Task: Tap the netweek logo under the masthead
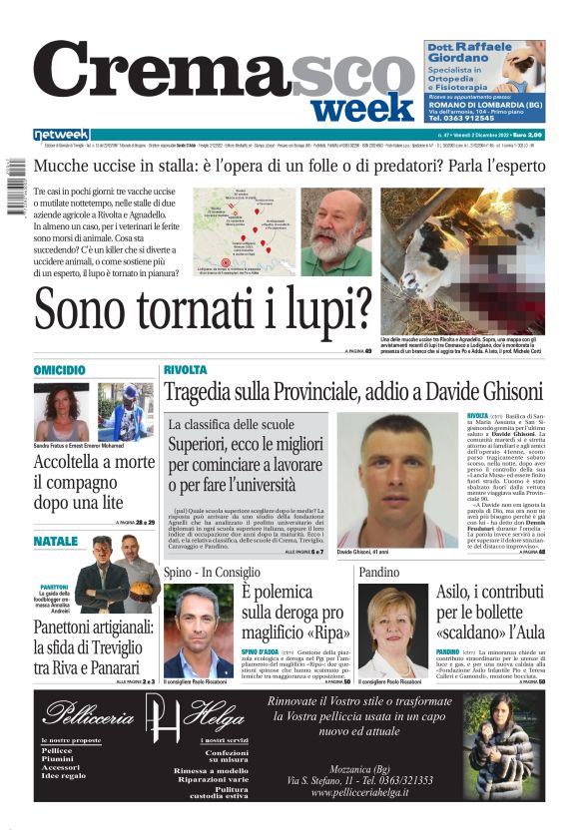click(61, 135)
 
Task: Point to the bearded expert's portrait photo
click(334, 231)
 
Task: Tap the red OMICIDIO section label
click(60, 370)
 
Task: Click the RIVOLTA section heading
click(186, 369)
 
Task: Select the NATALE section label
click(55, 542)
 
